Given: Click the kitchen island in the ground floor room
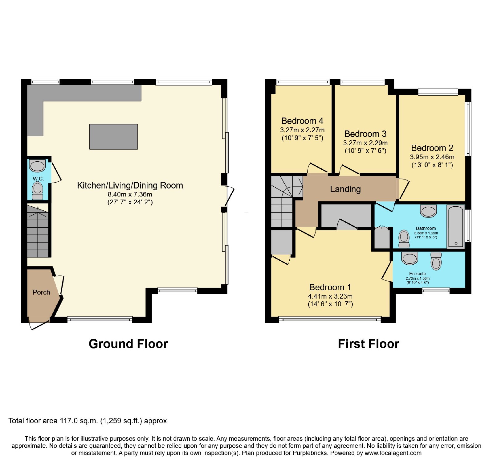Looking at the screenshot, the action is (113, 137).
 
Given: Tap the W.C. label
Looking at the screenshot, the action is (38, 179).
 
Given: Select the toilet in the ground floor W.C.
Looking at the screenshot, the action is (38, 191).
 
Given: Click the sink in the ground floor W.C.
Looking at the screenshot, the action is (37, 166).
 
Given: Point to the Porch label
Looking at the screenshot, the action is (41, 292).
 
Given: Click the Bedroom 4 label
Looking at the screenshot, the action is (302, 121).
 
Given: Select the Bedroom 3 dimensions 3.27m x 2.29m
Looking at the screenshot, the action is (365, 143).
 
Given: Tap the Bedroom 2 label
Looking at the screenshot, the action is (432, 148).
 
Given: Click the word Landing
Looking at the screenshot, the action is (345, 189).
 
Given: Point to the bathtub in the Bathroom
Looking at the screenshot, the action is (456, 226).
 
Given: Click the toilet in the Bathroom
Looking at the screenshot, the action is (404, 239).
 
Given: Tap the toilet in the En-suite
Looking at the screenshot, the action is (436, 261).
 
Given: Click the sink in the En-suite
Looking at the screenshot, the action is (409, 258).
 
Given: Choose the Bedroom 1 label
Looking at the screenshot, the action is (330, 287).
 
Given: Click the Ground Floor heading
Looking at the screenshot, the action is (128, 344).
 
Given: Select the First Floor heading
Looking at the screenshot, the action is (369, 344).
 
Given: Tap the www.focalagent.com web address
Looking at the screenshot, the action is (393, 453).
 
